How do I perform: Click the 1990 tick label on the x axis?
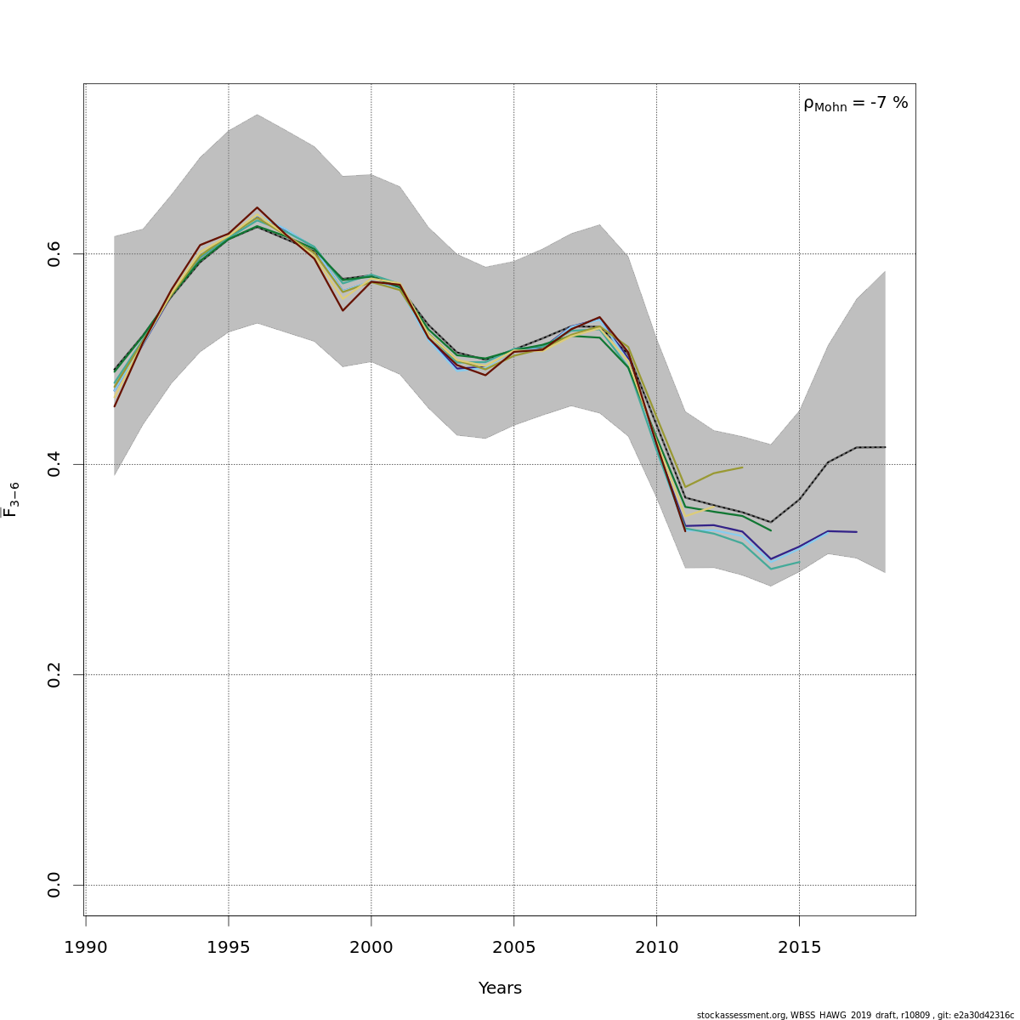click(x=86, y=947)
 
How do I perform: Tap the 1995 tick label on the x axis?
click(x=229, y=947)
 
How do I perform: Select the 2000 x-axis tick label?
click(x=371, y=947)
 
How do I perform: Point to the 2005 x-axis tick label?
click(x=514, y=947)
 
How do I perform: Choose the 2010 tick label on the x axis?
click(x=657, y=947)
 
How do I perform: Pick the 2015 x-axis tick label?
click(x=800, y=947)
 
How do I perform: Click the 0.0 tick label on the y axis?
click(x=54, y=885)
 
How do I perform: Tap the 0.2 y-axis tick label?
click(x=54, y=675)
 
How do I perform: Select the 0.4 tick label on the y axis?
click(x=54, y=464)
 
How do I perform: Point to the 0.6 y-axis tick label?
click(x=54, y=254)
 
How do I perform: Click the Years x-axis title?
click(x=500, y=989)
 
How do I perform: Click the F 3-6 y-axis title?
click(x=11, y=500)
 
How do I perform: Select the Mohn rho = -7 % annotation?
click(x=855, y=104)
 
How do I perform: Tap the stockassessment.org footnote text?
click(x=855, y=1015)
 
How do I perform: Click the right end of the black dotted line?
click(x=885, y=447)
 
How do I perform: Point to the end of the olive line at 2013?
click(x=742, y=467)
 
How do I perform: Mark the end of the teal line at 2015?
click(x=799, y=562)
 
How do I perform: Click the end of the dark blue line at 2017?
click(x=856, y=532)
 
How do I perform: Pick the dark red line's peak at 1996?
click(x=257, y=207)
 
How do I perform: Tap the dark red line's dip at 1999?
click(x=343, y=310)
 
